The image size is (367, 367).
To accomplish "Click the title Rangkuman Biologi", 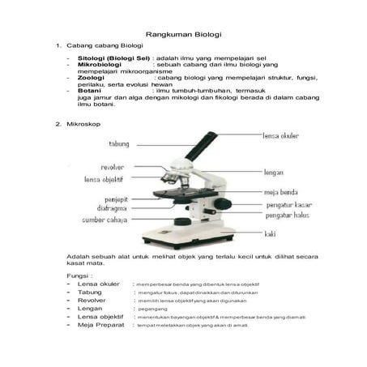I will (x=183, y=36).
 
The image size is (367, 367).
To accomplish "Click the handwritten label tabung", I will (x=117, y=143).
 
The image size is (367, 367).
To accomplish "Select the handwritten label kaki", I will (x=270, y=234).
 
